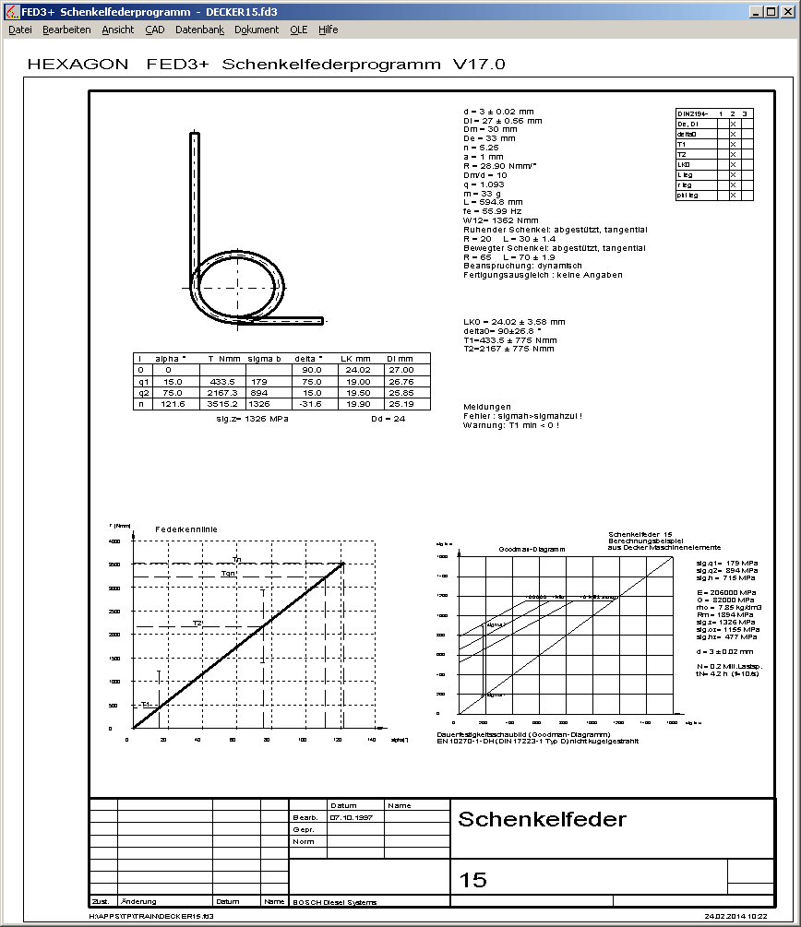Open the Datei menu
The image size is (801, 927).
[19, 30]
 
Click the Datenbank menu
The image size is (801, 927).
[199, 30]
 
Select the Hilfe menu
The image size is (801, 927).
[329, 30]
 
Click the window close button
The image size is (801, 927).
[788, 11]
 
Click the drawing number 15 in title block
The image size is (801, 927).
[472, 880]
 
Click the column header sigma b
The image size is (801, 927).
[264, 358]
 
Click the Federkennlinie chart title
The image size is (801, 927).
[186, 529]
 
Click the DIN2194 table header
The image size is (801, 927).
[695, 113]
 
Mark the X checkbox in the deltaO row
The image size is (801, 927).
[733, 134]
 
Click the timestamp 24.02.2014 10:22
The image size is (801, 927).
[735, 917]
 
